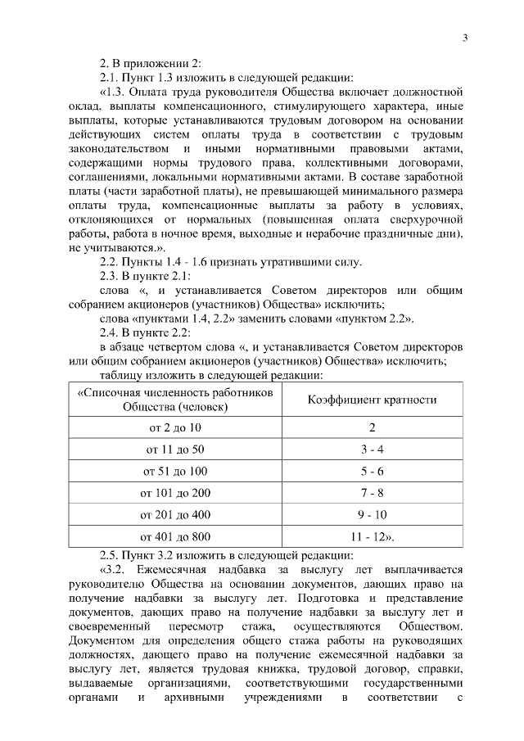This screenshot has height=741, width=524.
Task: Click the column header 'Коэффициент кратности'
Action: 372,400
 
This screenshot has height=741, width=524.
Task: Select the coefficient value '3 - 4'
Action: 372,450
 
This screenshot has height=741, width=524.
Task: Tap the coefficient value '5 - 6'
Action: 372,472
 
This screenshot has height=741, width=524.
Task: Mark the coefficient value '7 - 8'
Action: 372,493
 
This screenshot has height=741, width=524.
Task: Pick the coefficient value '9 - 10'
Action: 372,515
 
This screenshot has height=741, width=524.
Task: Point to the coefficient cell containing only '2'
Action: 372,427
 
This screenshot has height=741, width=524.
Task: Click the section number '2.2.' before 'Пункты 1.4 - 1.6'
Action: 109,262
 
